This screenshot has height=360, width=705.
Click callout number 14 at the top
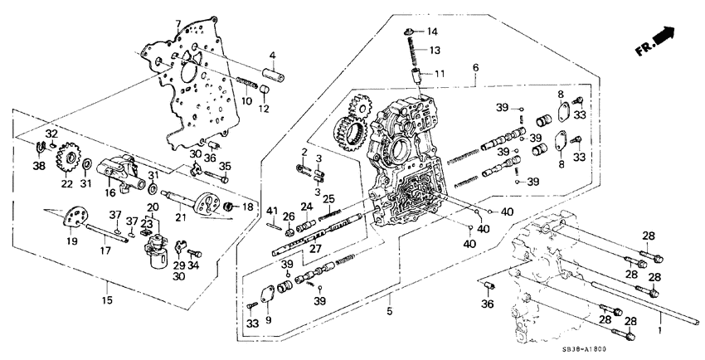(431, 32)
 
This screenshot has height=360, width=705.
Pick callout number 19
(72, 241)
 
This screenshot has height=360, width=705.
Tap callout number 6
(475, 67)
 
